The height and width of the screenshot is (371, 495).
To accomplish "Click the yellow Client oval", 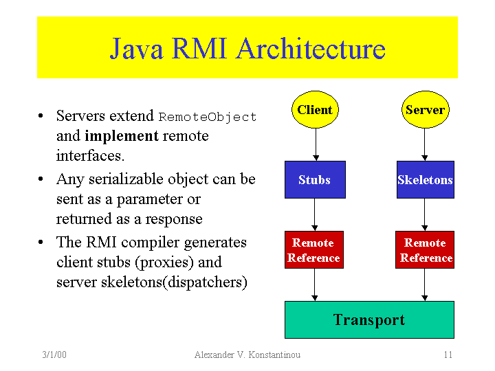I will coord(315,110).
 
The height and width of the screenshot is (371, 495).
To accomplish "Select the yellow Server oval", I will coord(425,110).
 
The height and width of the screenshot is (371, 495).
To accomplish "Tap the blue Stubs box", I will coord(315,180).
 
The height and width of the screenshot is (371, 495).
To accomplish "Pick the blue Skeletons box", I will coord(425,180).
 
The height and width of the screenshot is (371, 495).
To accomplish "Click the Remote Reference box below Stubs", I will coord(313,250).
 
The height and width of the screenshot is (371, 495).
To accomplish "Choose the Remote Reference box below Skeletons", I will coord(425,250).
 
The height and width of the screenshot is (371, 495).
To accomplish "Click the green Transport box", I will coord(369,319).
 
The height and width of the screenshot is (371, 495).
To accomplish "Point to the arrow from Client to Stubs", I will coord(315,145).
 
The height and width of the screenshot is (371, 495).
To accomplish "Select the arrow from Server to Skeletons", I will coord(425,145).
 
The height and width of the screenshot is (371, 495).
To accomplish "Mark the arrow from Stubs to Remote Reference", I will coord(315,215).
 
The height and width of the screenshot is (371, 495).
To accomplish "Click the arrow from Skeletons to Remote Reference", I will coord(425,215).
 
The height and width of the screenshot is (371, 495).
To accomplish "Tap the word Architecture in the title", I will coord(310,49).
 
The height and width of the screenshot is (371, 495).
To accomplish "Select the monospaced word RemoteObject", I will coord(208,117).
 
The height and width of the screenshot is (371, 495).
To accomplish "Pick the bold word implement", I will coord(122,136).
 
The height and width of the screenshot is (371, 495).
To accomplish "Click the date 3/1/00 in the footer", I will coord(54,355).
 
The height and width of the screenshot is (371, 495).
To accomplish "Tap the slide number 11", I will coord(448,355).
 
